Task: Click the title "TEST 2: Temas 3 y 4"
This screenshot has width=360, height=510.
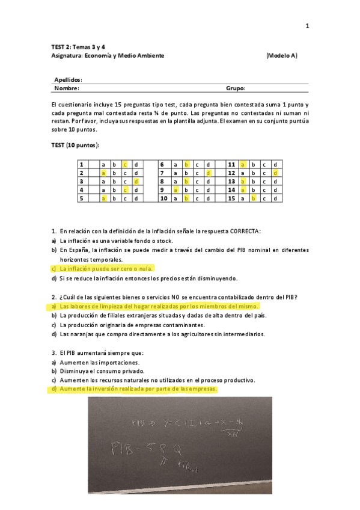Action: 78,46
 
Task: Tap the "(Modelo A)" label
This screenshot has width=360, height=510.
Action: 281,55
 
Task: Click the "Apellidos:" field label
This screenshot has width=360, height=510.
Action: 68,79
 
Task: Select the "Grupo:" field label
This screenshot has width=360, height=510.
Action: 236,88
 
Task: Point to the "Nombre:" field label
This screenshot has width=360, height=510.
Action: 67,88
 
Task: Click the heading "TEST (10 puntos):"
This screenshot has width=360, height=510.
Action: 76,146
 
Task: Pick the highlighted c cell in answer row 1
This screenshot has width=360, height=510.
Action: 125,164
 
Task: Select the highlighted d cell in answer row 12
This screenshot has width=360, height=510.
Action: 275,173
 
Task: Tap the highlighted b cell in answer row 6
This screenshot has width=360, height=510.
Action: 186,164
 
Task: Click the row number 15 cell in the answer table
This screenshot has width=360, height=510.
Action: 231,198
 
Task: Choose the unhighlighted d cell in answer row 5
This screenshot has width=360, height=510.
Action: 136,198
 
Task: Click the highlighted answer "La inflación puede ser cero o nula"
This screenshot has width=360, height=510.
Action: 106,269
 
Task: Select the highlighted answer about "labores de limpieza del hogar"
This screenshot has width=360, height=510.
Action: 159,306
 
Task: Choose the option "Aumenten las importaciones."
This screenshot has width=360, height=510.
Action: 99,362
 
